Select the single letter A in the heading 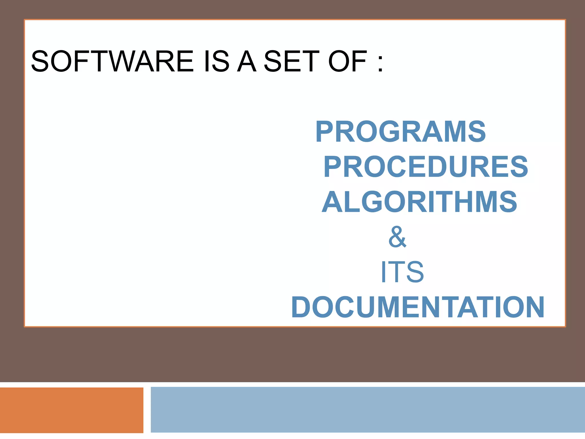pyautogui.click(x=247, y=61)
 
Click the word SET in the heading pyautogui.click(x=291, y=61)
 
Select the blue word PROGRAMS pyautogui.click(x=400, y=131)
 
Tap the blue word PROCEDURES pyautogui.click(x=426, y=167)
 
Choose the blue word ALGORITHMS pyautogui.click(x=419, y=202)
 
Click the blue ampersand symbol pyautogui.click(x=397, y=237)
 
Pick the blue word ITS pyautogui.click(x=402, y=272)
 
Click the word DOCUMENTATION pyautogui.click(x=418, y=307)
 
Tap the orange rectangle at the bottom pyautogui.click(x=71, y=410)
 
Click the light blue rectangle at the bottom pyautogui.click(x=368, y=409)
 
